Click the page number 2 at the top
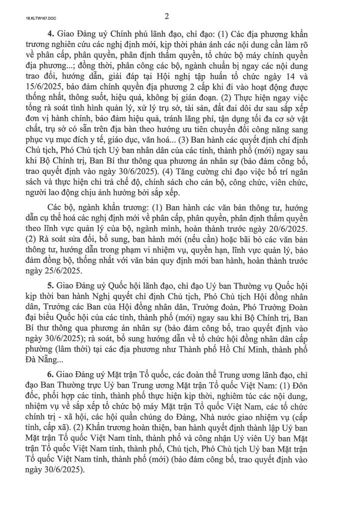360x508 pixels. [180, 16]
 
